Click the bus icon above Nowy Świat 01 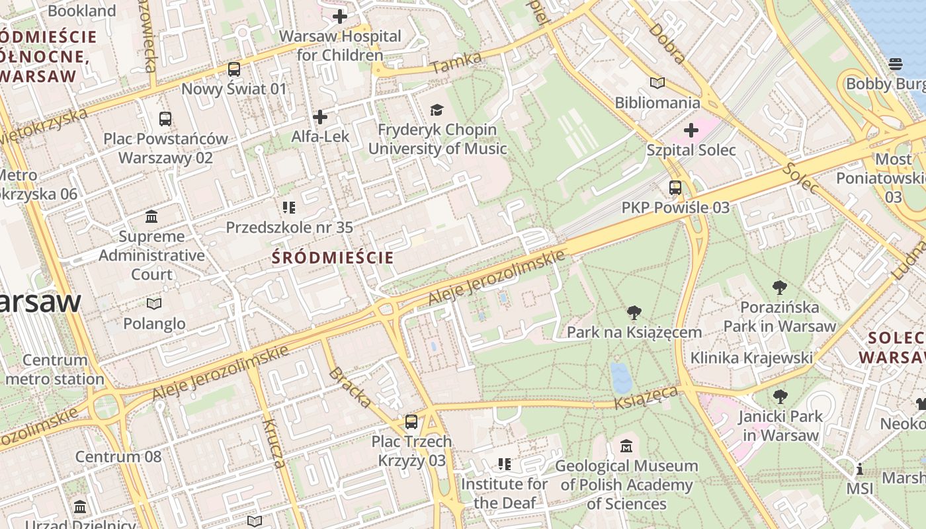[233, 69]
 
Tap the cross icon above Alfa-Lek [320, 117]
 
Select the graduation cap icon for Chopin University [437, 110]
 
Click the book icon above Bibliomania [657, 83]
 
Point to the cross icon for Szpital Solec [691, 130]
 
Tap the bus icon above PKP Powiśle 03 [675, 188]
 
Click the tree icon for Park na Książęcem [634, 312]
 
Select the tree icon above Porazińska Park [779, 288]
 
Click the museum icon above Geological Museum [626, 446]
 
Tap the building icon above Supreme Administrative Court [151, 216]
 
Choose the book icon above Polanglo [153, 304]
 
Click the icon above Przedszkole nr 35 [288, 208]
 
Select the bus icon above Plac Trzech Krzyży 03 [411, 421]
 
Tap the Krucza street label [274, 443]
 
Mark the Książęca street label [646, 397]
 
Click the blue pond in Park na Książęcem [621, 378]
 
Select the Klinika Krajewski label [751, 358]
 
